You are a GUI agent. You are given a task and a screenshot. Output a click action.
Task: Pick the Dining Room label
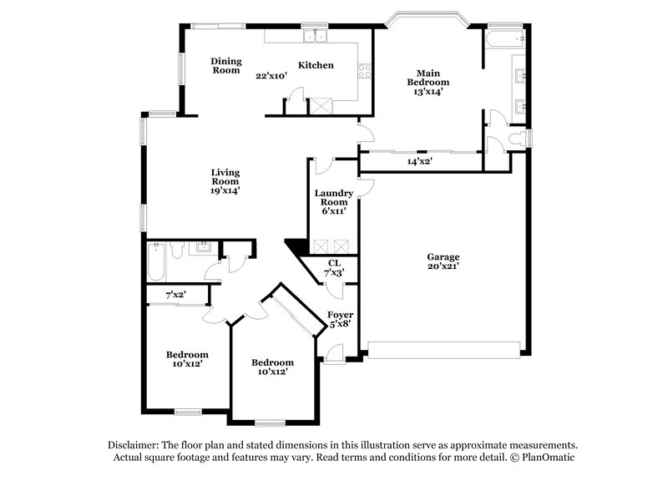[225, 65]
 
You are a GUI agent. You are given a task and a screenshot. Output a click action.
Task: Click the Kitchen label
[316, 65]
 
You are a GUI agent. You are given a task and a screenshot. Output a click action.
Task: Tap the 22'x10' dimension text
[271, 75]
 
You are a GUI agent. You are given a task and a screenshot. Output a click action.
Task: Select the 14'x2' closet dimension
[418, 161]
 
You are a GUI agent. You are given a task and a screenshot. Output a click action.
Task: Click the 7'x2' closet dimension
[175, 295]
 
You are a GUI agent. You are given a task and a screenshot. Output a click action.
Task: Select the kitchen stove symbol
[364, 72]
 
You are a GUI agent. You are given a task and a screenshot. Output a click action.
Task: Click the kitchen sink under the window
[315, 36]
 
